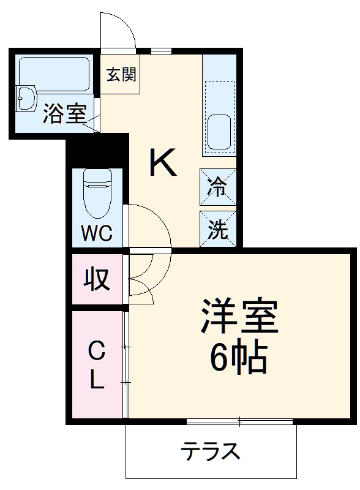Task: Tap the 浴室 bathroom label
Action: click(64, 116)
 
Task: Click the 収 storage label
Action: click(97, 279)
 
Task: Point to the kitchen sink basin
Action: click(219, 131)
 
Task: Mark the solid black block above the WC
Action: click(97, 151)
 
